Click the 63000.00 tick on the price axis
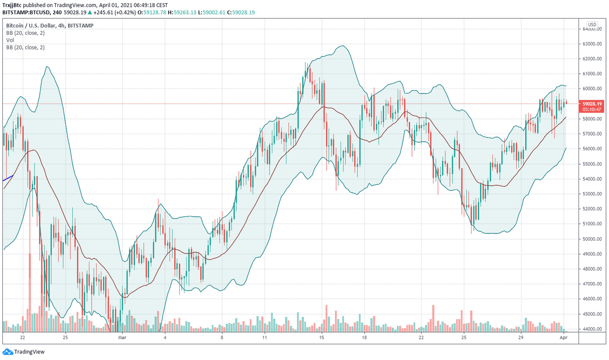click(x=592, y=44)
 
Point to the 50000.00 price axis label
click(x=592, y=239)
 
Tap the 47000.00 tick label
click(x=592, y=284)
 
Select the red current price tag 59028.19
click(x=592, y=104)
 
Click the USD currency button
click(x=592, y=25)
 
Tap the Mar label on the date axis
click(x=122, y=338)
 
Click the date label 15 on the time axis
click(x=322, y=338)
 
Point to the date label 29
click(x=521, y=338)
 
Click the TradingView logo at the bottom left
click(x=23, y=352)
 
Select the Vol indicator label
click(x=10, y=40)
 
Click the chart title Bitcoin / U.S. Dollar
click(x=31, y=26)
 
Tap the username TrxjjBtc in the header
click(x=12, y=5)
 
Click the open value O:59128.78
click(x=152, y=12)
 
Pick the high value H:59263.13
click(x=182, y=12)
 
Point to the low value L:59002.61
click(x=212, y=12)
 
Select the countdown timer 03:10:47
click(x=592, y=109)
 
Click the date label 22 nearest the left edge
click(x=22, y=338)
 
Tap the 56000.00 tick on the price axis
click(x=592, y=149)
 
